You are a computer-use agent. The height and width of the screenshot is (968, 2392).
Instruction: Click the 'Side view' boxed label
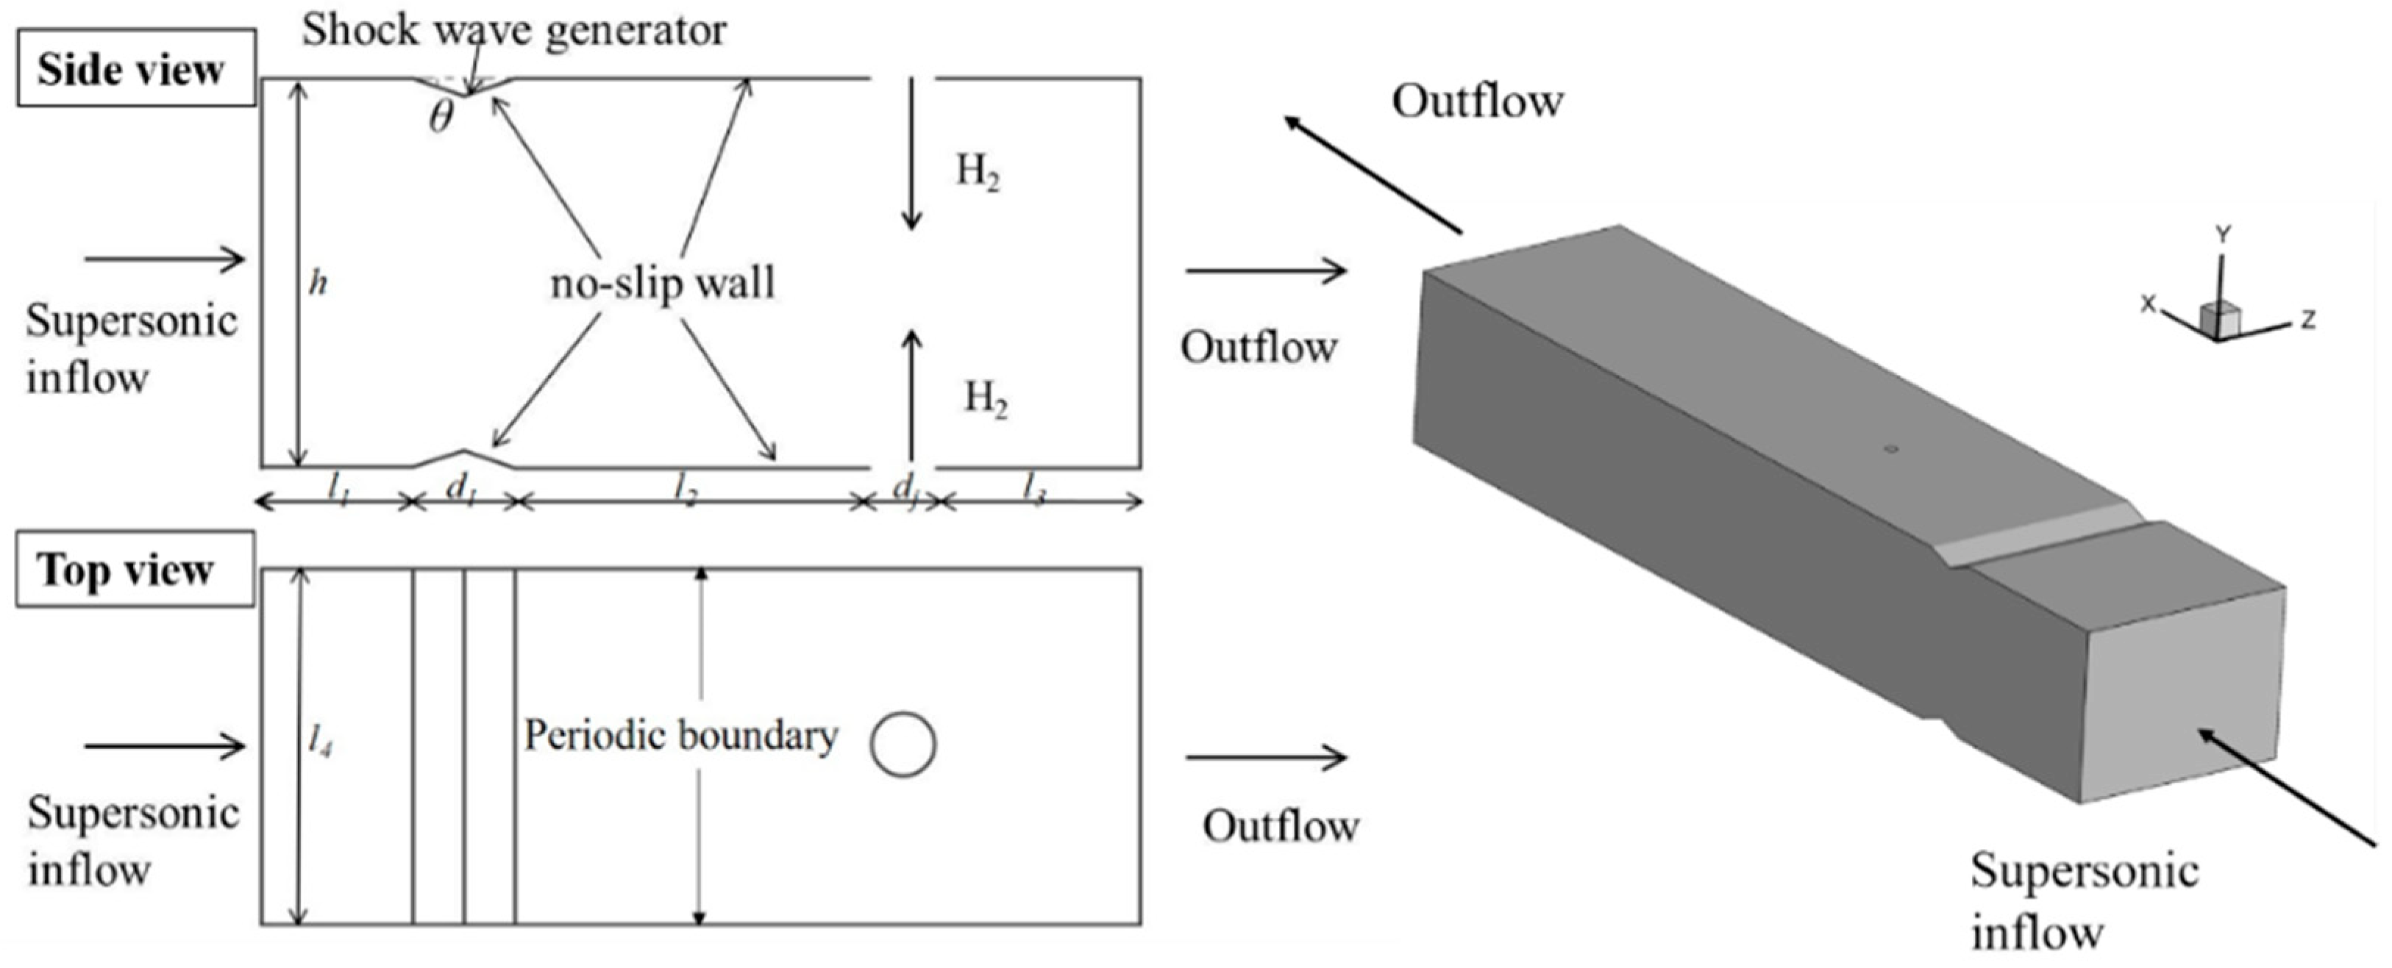click(x=135, y=68)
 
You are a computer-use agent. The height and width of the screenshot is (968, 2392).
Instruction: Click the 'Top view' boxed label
click(x=134, y=569)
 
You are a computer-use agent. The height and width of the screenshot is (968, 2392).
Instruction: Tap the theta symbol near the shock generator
click(x=442, y=117)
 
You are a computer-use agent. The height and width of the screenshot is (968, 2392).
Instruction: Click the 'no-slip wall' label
click(x=661, y=283)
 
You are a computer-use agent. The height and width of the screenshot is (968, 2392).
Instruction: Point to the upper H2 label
click(x=978, y=172)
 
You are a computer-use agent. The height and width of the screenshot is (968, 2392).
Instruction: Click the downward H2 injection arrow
click(x=913, y=153)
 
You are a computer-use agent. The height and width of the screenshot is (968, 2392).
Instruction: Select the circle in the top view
click(x=903, y=745)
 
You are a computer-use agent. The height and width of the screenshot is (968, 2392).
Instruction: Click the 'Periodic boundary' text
click(x=680, y=735)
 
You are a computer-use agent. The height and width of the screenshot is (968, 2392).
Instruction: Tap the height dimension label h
click(x=318, y=282)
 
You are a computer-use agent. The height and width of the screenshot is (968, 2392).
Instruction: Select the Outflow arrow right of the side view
click(x=1266, y=271)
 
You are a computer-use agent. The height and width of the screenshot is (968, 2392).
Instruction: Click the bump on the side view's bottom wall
click(x=464, y=456)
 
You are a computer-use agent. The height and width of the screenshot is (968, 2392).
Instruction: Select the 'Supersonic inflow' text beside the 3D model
click(x=2085, y=900)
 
